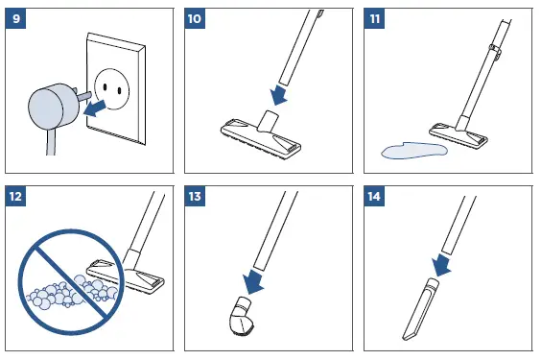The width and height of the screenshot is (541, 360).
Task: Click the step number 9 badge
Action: [15, 18]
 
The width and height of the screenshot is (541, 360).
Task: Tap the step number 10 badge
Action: [195, 18]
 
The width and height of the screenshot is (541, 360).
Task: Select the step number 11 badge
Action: [374, 18]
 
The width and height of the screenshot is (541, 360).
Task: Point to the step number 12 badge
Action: [15, 197]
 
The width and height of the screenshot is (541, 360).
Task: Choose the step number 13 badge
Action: [195, 197]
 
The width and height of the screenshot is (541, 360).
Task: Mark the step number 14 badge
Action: [374, 197]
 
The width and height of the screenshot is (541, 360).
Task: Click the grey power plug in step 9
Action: [52, 107]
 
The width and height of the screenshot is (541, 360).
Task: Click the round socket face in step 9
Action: [111, 89]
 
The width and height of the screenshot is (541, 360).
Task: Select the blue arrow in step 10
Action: [279, 95]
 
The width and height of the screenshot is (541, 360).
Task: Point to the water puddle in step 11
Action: [414, 150]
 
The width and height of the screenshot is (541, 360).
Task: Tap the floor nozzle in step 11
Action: [459, 132]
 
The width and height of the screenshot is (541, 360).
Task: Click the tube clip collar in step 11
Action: [495, 51]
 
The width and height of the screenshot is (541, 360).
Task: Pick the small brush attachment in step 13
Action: [241, 317]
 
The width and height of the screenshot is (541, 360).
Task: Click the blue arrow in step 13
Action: [252, 281]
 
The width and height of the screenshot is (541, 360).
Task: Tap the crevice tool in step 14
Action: [420, 309]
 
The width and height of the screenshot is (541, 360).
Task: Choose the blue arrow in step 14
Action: [441, 264]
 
